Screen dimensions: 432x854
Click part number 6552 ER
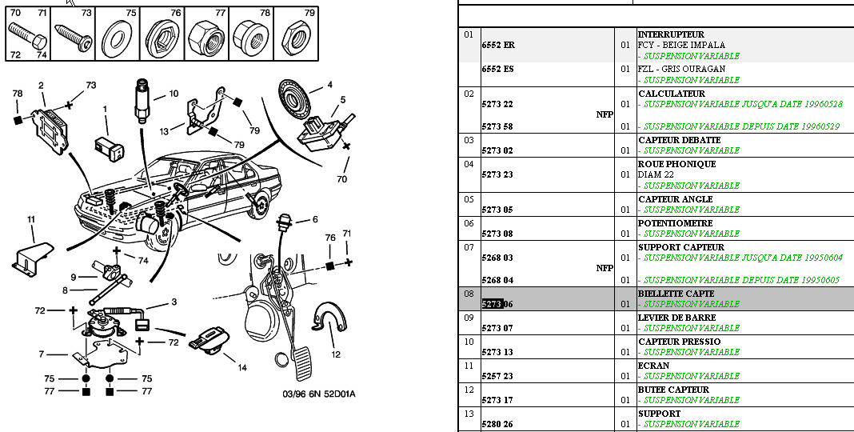[x=498, y=46]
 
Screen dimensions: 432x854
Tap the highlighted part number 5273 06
[x=498, y=304]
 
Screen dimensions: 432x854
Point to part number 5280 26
[x=497, y=424]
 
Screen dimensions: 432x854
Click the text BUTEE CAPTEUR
[x=673, y=390]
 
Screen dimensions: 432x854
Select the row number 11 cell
[x=469, y=366]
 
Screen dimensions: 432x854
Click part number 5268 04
[x=497, y=280]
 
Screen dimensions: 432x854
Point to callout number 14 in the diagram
[x=242, y=367]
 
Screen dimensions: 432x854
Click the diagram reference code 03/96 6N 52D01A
[x=318, y=394]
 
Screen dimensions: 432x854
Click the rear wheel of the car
[x=259, y=206]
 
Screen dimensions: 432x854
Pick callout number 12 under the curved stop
[x=336, y=354]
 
